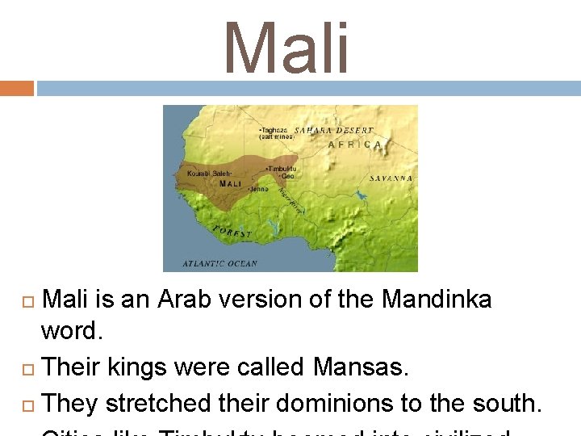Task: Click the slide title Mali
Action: click(287, 48)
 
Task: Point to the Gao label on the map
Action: click(286, 175)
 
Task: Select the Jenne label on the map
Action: click(259, 189)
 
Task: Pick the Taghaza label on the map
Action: click(273, 130)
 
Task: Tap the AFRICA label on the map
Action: click(356, 145)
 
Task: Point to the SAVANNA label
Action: click(391, 178)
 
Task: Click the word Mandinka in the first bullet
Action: click(437, 300)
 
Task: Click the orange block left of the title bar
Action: click(17, 88)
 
